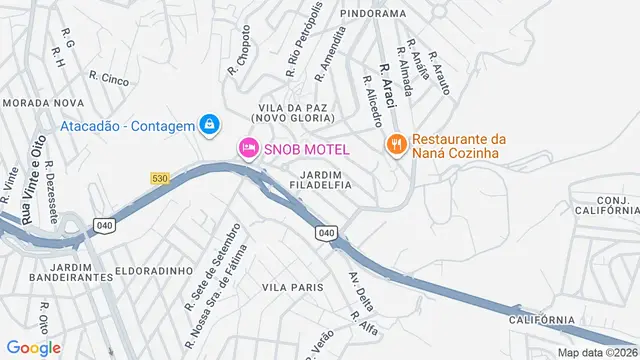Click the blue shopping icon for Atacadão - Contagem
click(x=209, y=124)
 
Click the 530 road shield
click(x=160, y=178)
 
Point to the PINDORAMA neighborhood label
click(x=373, y=14)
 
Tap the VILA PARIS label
click(x=293, y=287)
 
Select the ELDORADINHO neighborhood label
click(x=140, y=270)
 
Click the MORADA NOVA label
click(x=43, y=103)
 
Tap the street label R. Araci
click(x=388, y=85)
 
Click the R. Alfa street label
click(x=362, y=321)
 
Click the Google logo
click(x=33, y=347)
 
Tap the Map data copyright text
click(x=597, y=352)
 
